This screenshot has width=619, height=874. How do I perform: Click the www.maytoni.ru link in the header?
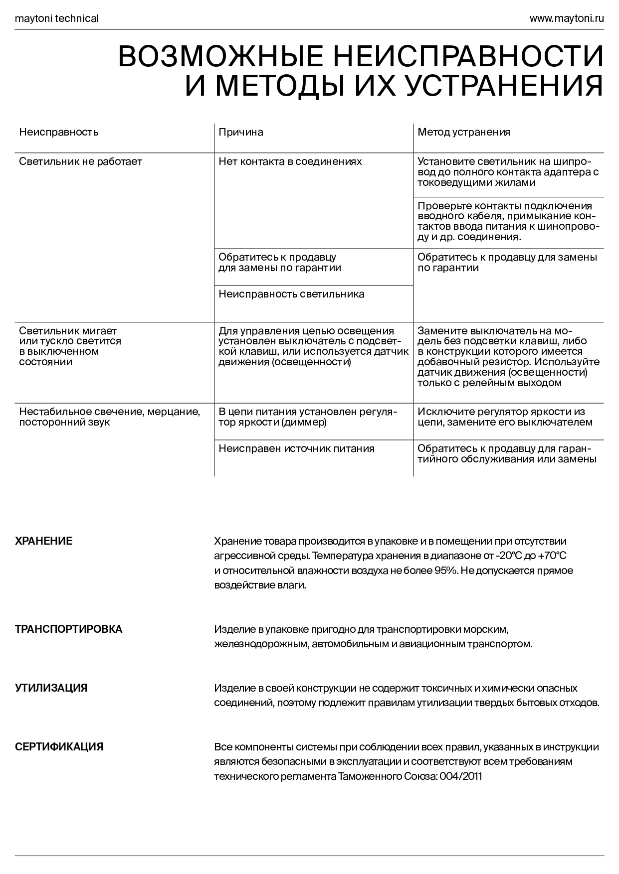566,19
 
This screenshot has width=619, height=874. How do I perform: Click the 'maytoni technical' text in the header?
56,19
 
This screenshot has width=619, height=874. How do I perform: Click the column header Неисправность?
59,132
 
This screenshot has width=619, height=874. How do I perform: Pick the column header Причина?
241,132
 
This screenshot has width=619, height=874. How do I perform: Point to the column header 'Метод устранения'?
464,132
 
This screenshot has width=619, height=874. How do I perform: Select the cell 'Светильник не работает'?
81,161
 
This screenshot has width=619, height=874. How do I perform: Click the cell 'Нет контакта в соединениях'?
290,161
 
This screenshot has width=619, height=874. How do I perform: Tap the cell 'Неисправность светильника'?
291,294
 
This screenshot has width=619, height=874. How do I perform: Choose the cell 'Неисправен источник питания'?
296,448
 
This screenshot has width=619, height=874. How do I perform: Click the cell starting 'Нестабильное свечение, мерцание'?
110,417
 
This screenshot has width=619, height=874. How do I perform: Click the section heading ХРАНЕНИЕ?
44,541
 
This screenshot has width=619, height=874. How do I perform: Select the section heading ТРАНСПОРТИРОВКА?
69,629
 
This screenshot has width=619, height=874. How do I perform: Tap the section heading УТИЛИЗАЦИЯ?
51,688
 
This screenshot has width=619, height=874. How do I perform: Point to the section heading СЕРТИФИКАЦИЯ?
59,747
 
